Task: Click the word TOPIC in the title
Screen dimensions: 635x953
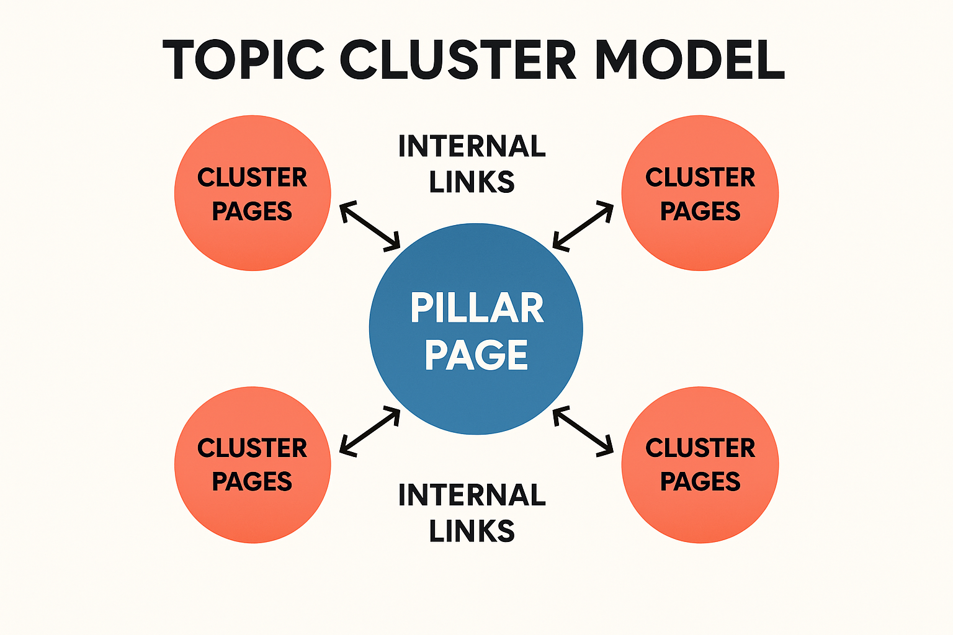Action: [244, 60]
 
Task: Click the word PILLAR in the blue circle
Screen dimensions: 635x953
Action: [476, 308]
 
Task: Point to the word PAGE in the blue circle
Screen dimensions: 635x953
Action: [476, 355]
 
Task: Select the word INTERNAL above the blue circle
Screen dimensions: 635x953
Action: [472, 147]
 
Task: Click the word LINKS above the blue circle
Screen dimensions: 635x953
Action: [472, 182]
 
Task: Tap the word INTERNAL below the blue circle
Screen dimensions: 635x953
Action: [472, 495]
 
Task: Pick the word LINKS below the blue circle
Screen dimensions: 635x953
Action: [472, 531]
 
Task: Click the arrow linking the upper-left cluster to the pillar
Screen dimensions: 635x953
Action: [370, 226]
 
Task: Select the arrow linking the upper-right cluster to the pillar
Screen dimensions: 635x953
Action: [583, 226]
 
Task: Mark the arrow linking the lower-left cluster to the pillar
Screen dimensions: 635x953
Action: [370, 432]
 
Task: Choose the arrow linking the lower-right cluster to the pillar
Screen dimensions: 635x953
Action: [583, 432]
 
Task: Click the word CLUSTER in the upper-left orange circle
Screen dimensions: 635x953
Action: [252, 178]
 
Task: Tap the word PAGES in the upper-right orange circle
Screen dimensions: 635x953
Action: [700, 211]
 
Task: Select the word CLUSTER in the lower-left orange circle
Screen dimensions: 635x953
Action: [252, 448]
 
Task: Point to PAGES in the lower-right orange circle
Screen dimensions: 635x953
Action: [700, 482]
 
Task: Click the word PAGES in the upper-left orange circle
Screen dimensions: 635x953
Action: [252, 211]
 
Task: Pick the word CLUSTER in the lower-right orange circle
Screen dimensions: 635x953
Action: [700, 448]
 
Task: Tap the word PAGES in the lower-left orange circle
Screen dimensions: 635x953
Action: [252, 482]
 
